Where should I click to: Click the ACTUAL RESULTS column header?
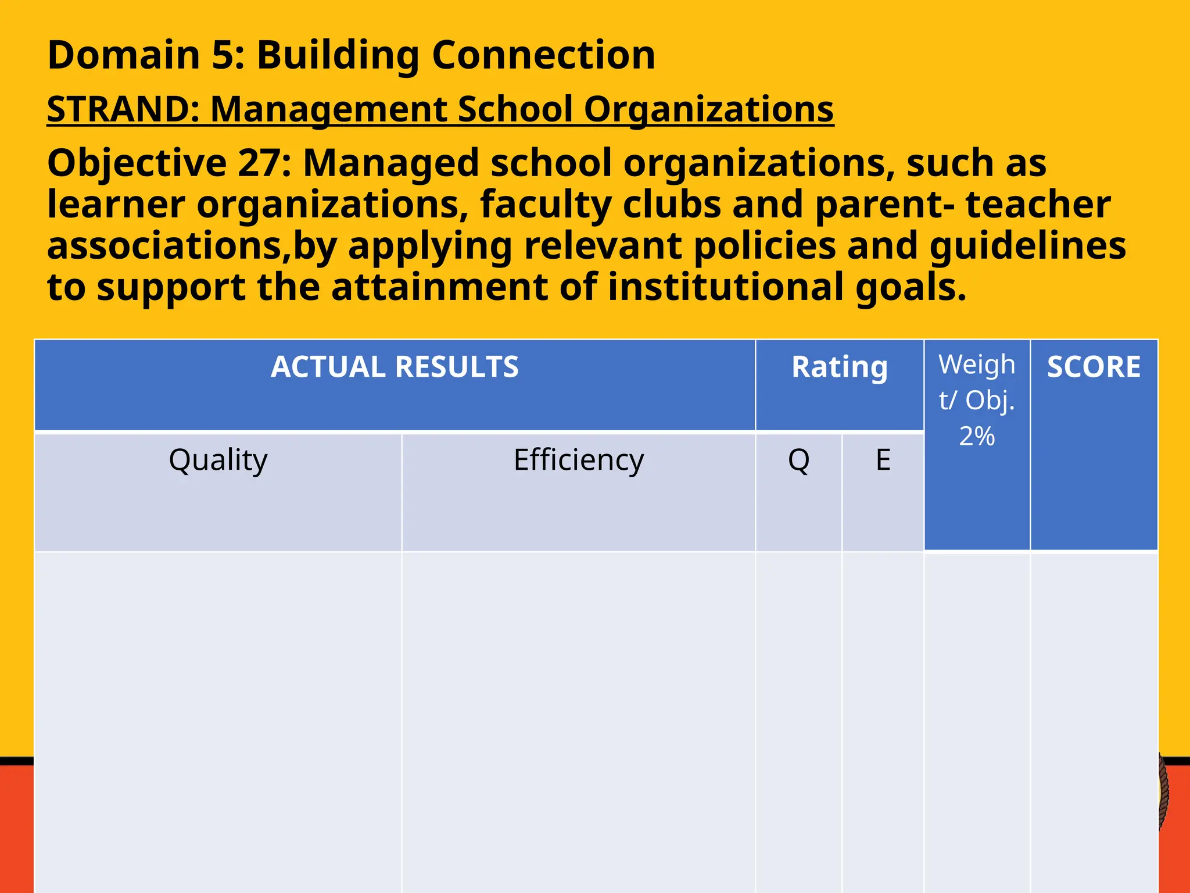click(395, 367)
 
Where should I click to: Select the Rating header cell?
click(839, 367)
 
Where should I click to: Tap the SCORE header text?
click(1094, 367)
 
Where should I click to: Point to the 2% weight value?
click(977, 436)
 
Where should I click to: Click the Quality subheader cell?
click(218, 460)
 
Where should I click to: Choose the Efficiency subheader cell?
click(579, 460)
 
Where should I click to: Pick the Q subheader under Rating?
click(798, 460)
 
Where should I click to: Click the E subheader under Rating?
click(883, 460)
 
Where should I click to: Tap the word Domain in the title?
click(124, 55)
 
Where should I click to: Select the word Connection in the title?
click(543, 55)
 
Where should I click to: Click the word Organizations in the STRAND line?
click(709, 109)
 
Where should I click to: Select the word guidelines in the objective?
click(1027, 246)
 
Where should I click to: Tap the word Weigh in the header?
click(977, 365)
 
